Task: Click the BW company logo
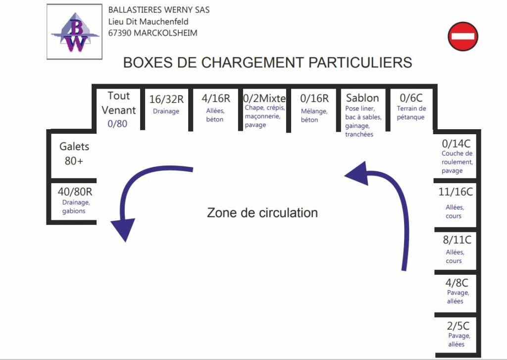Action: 74,32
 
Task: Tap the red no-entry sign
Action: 463,36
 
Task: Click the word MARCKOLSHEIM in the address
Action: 165,33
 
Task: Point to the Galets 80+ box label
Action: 74,154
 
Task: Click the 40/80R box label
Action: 75,192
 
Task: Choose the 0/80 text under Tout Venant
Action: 117,124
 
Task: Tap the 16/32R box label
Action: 166,100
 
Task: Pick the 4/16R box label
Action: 216,99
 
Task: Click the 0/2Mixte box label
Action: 264,99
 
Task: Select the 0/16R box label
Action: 314,98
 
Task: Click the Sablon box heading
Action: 362,98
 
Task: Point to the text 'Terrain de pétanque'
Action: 411,112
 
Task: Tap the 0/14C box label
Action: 456,143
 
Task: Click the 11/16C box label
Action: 456,192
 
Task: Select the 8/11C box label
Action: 457,240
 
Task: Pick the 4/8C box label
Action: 456,283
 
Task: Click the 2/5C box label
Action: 458,326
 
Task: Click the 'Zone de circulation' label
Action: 262,212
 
